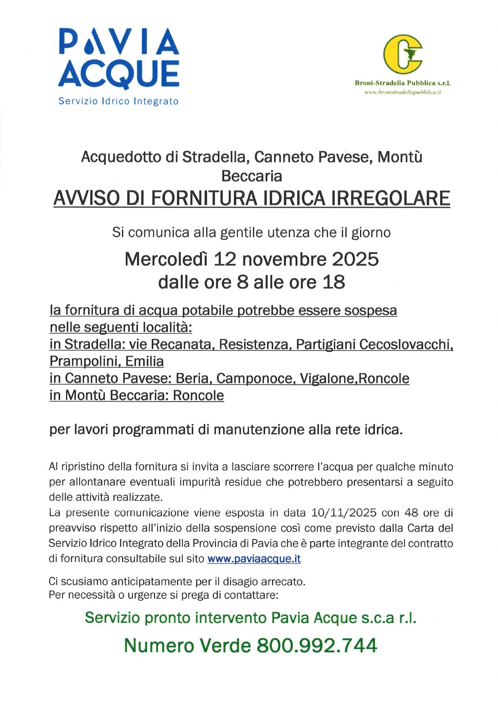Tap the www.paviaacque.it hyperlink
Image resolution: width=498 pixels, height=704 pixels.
[x=254, y=559]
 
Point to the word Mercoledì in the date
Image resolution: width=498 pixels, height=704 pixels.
[x=166, y=259]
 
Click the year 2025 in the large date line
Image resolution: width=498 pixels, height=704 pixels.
[x=355, y=259]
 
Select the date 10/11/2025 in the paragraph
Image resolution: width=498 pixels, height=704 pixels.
[x=344, y=513]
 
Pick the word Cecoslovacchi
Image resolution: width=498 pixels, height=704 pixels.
[x=406, y=344]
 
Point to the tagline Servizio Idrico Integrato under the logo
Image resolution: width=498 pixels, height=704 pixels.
[x=118, y=101]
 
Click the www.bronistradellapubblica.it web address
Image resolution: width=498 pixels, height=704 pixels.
[x=402, y=92]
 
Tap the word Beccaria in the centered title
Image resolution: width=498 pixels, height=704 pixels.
[x=252, y=176]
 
